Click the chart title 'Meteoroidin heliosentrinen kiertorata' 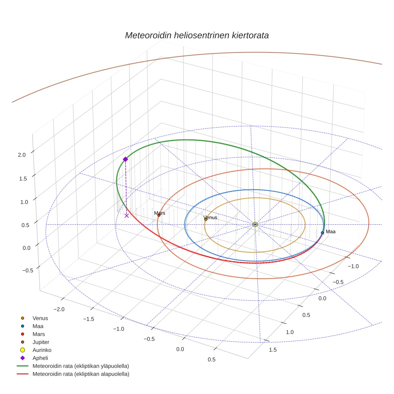point(197,35)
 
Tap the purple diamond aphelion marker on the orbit point(125,159)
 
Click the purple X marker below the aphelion point(127,215)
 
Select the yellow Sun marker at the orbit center point(255,224)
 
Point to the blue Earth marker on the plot point(322,233)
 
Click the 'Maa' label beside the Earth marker point(330,232)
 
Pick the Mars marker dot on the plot point(159,215)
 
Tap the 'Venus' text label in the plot point(210,217)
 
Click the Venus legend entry point(40,318)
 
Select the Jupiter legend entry point(41,342)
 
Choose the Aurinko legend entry point(42,350)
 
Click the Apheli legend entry point(40,358)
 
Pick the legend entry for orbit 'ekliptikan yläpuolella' point(80,366)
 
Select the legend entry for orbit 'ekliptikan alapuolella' point(80,374)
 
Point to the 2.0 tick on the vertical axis point(22,155)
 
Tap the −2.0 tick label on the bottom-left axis point(58,309)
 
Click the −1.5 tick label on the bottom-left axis point(88,319)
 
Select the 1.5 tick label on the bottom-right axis point(272,350)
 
